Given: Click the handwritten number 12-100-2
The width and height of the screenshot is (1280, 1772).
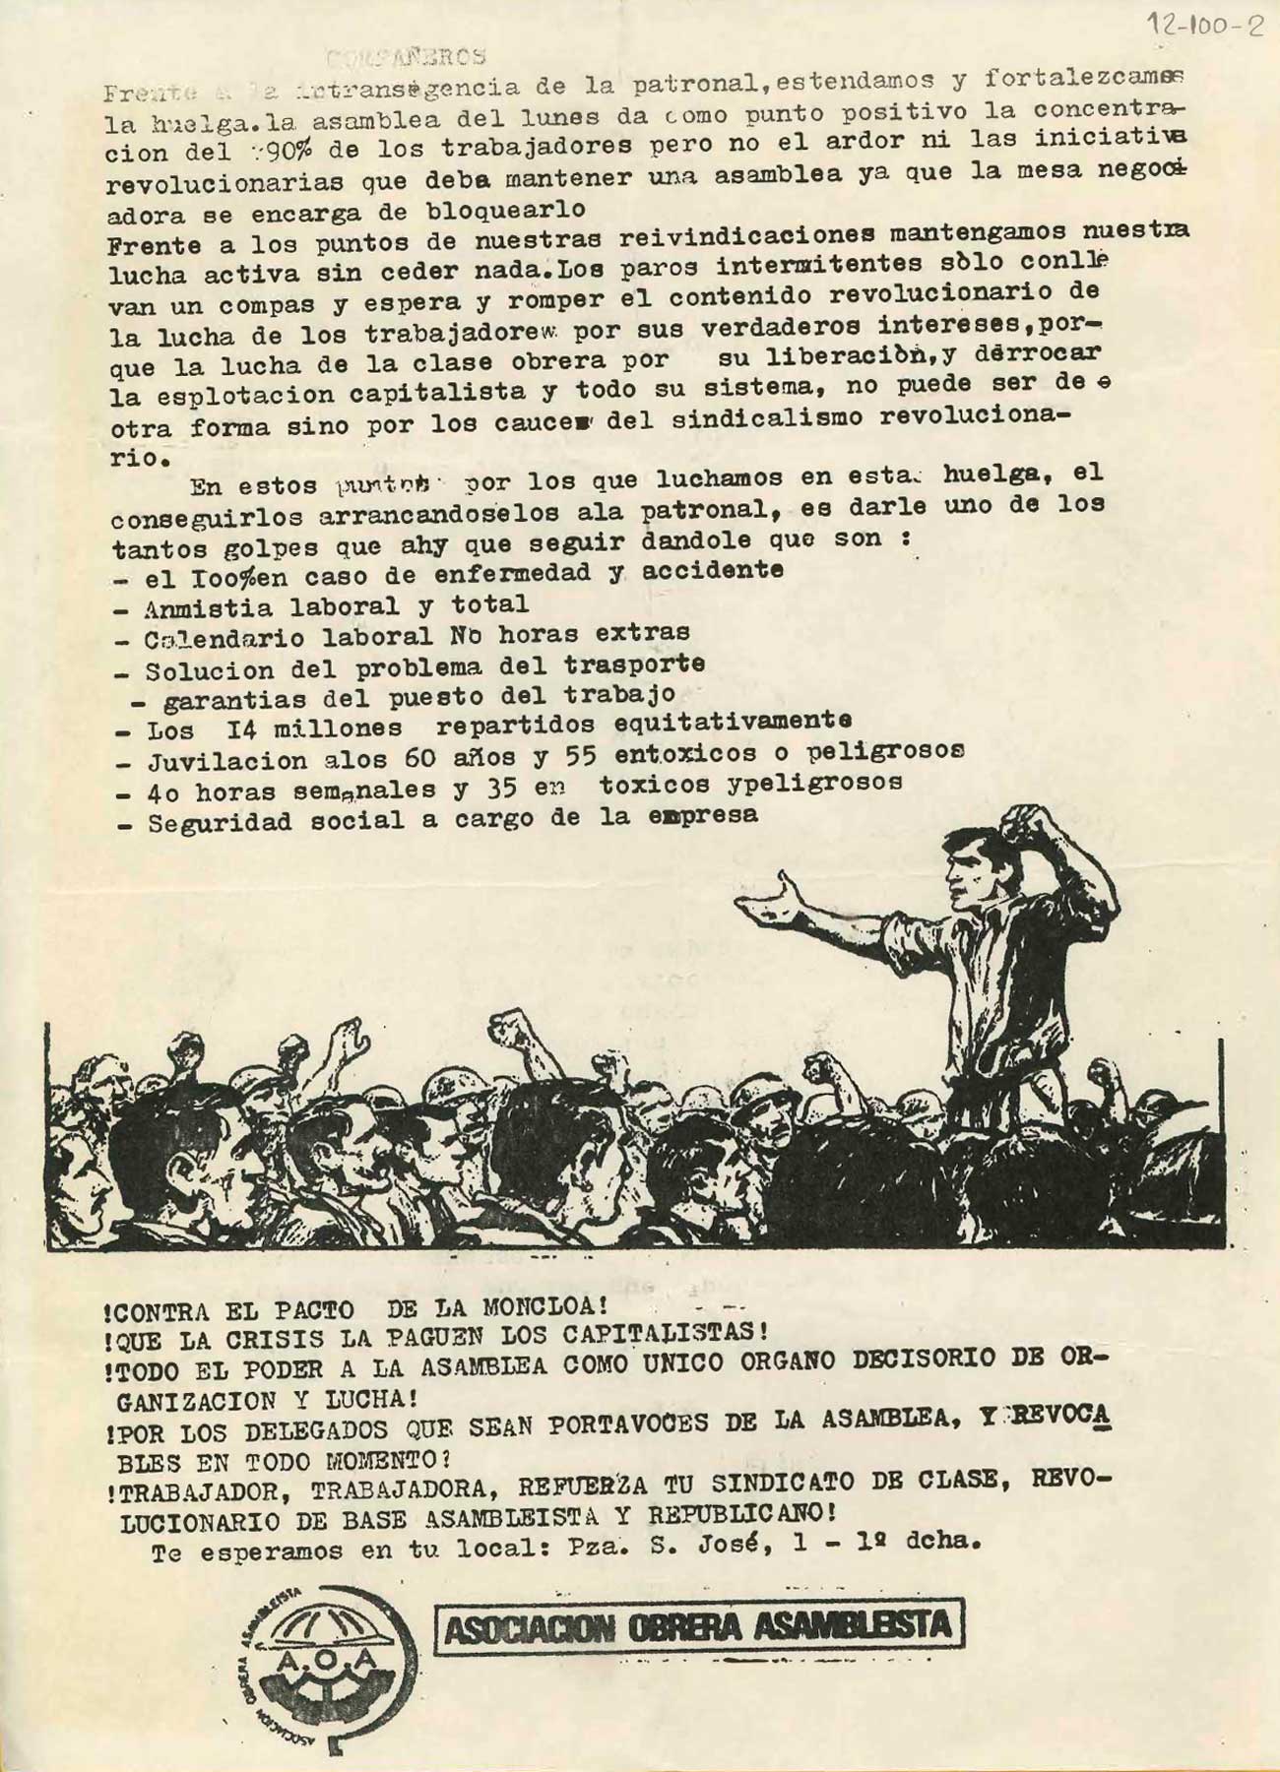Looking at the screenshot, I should tap(1205, 26).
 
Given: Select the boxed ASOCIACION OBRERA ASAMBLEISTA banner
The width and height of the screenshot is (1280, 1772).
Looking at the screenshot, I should tap(699, 1627).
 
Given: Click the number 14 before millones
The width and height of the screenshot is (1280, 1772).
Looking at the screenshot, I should tap(241, 729).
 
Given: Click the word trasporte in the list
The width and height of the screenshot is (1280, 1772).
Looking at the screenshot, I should tap(634, 664).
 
